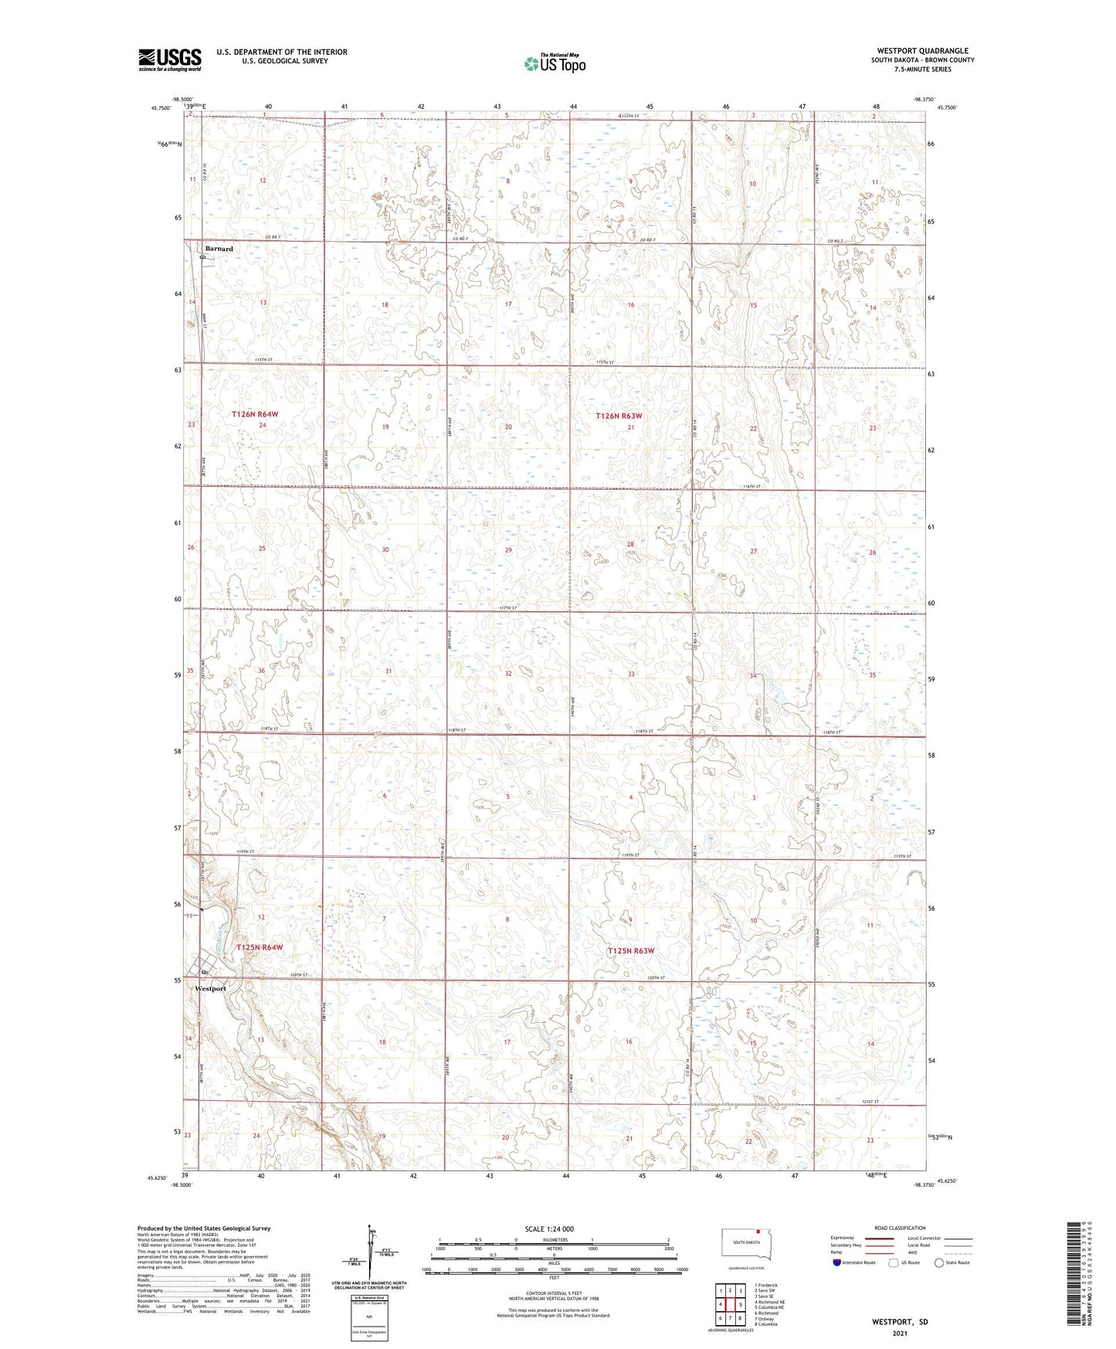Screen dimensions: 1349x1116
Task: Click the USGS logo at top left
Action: coord(170,59)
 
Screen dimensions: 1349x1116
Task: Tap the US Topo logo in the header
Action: coord(555,63)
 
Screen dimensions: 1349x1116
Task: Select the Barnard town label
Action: coord(219,249)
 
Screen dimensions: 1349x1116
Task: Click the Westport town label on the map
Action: coord(210,988)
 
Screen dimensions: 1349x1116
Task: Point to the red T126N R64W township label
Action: coord(255,415)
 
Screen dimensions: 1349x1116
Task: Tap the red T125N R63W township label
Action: coord(631,950)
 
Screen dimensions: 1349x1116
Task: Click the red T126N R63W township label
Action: coord(619,416)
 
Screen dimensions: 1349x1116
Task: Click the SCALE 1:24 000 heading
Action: coord(548,1228)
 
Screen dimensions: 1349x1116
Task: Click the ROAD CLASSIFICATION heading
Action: coord(900,1228)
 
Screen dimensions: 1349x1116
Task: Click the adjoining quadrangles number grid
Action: coord(730,1305)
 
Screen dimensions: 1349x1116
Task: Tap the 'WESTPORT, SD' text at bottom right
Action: coord(900,1322)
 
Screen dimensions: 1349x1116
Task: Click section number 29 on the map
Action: coord(508,550)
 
